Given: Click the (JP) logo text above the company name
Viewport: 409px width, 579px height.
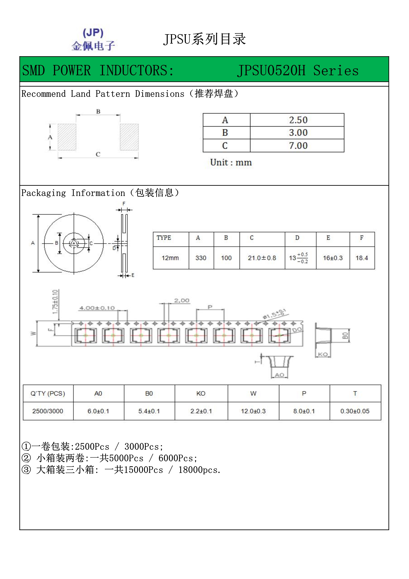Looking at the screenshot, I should (93, 33).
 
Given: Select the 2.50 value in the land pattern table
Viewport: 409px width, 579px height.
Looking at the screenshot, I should (298, 120).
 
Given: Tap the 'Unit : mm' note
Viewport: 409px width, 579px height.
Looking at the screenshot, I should (231, 162).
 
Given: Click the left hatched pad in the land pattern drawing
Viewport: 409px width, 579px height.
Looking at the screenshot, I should (67, 137).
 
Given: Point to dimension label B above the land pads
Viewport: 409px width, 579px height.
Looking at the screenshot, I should (98, 111).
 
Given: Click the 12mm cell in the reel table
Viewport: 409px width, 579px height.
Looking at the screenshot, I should (170, 258).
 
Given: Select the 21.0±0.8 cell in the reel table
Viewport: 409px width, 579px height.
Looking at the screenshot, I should (262, 258).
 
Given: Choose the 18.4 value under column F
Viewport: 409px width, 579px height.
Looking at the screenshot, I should (362, 258).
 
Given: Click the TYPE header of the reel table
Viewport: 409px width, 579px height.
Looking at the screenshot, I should (164, 238).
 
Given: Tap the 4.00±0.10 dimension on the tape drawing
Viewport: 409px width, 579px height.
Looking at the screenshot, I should (97, 308).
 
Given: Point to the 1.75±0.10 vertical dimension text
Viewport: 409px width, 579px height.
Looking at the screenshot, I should (55, 302).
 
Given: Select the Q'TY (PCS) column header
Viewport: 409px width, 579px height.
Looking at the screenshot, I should (48, 394).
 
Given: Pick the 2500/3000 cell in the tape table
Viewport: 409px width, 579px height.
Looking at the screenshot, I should (48, 411).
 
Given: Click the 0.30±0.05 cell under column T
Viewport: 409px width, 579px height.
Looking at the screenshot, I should (355, 411).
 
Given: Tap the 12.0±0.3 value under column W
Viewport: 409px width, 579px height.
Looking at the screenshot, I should (253, 411).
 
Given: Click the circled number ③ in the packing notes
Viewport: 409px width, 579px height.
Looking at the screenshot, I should (26, 470).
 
